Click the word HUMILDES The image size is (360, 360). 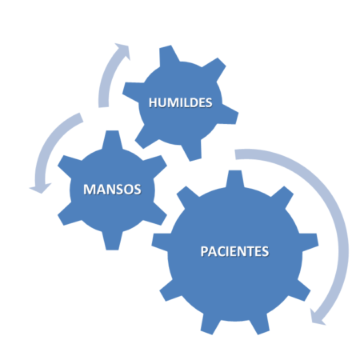click(180, 102)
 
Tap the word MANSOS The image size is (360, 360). click(112, 190)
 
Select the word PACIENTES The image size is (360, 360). click(234, 251)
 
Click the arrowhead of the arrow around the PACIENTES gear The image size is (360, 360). click(318, 318)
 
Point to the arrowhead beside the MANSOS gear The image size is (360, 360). click(40, 188)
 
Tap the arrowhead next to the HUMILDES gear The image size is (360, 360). click(123, 50)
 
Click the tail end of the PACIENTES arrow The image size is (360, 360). click(235, 154)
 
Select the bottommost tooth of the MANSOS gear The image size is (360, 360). click(112, 241)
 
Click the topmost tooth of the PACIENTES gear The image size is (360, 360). click(234, 179)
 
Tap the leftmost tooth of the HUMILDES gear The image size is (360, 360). click(133, 91)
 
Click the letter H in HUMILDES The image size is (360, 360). click(153, 102)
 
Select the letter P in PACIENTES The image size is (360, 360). click(204, 251)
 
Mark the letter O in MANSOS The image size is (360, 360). click(128, 190)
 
